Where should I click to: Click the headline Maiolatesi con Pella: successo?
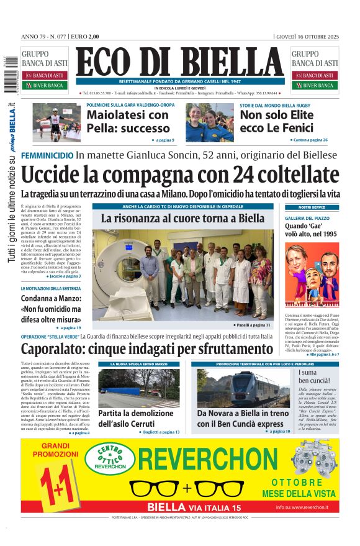[127, 121]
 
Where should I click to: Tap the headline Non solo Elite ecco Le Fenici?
[276, 121]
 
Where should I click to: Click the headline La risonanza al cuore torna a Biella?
[182, 219]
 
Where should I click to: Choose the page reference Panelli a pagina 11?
[253, 325]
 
